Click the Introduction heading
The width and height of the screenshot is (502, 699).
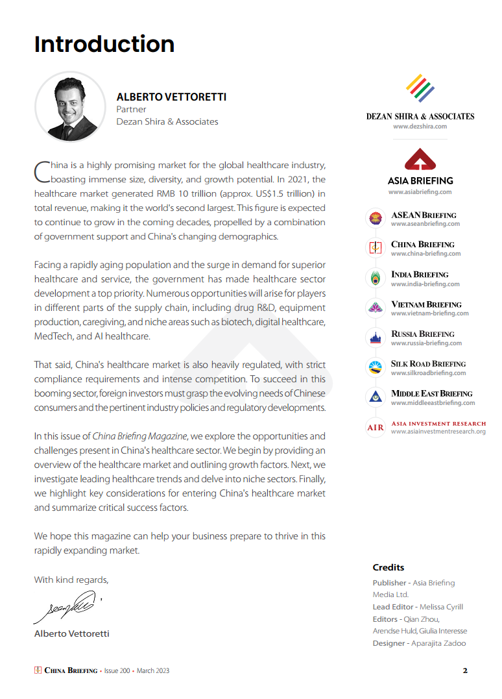pos(104,44)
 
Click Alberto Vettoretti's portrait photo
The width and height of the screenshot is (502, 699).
pos(70,106)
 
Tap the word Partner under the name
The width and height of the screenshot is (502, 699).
pos(131,110)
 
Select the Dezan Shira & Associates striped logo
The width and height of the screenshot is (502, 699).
pos(420,88)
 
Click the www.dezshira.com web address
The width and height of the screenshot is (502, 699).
pos(420,127)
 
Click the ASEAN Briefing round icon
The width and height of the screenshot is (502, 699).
pos(375,219)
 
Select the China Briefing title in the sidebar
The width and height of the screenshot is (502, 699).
pos(422,245)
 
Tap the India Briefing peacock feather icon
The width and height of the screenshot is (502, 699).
pos(375,278)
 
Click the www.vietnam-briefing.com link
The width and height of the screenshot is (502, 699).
pos(429,313)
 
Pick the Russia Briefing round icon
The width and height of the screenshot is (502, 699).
pos(375,338)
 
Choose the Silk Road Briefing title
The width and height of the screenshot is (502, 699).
pos(428,364)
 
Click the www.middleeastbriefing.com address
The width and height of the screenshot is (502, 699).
pos(433,403)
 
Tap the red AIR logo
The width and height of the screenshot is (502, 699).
pos(375,428)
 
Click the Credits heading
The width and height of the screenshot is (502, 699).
pos(388,567)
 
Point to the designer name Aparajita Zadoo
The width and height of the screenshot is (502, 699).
pos(439,643)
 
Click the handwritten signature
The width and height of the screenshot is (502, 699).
pos(65,607)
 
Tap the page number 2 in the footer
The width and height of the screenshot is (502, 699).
pos(465,670)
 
